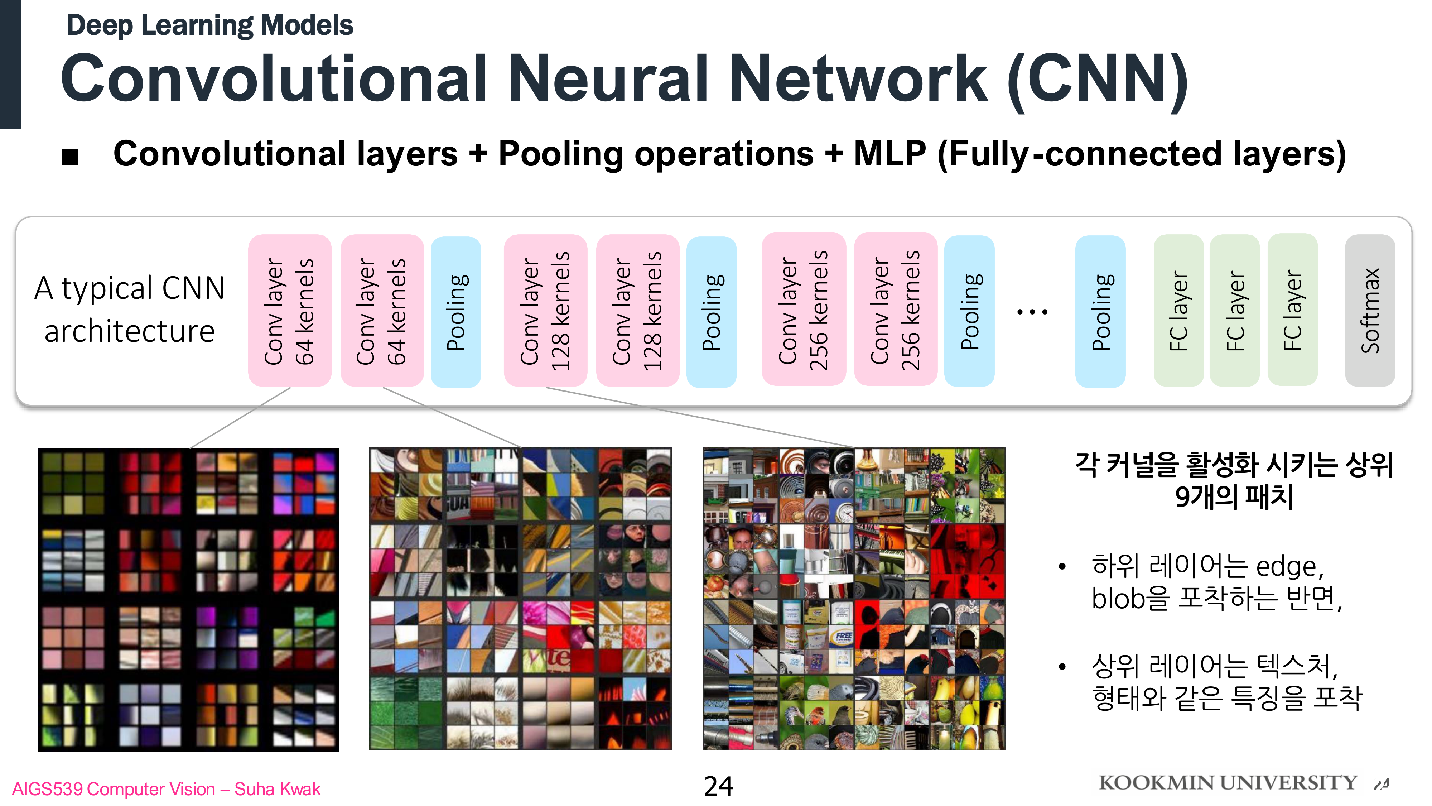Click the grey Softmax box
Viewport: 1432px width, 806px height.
[x=1369, y=310]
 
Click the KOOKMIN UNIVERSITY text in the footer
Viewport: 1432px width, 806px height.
[x=1228, y=783]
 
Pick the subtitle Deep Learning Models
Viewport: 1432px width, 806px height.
[x=209, y=25]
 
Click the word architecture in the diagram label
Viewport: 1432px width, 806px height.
[x=130, y=332]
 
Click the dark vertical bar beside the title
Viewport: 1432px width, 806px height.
[x=10, y=64]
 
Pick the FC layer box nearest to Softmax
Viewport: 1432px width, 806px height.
[x=1292, y=310]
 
